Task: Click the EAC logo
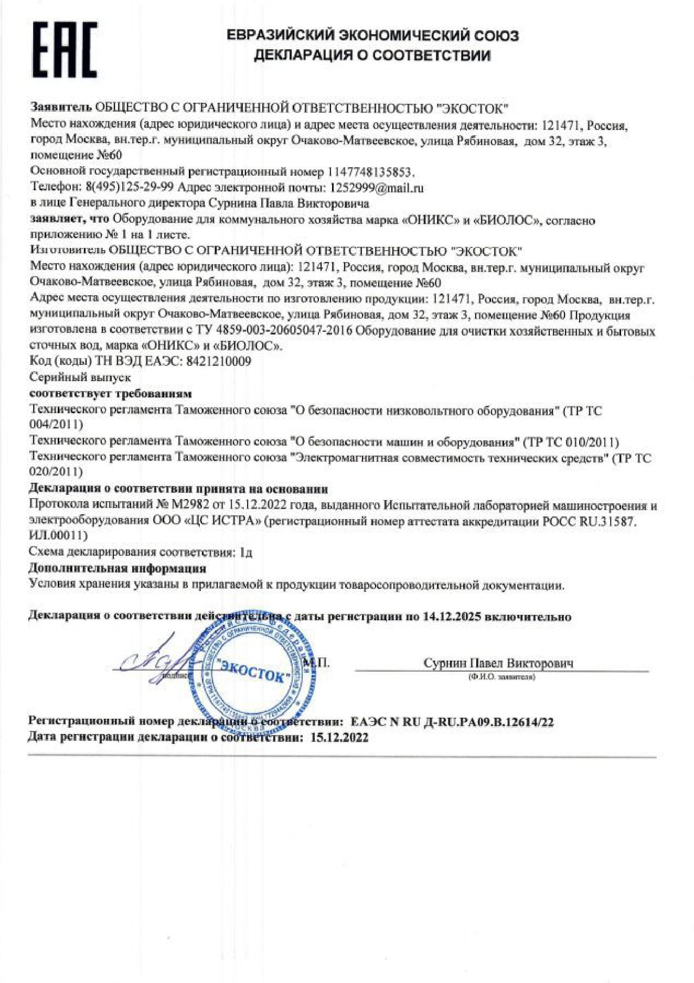pyautogui.click(x=65, y=49)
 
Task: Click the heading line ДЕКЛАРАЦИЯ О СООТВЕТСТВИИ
pyautogui.click(x=372, y=56)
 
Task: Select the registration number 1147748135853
pyautogui.click(x=370, y=172)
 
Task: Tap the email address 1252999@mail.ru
pyautogui.click(x=376, y=188)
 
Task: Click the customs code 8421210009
pyautogui.click(x=219, y=361)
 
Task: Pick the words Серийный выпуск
pyautogui.click(x=80, y=377)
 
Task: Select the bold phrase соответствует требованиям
pyautogui.click(x=111, y=393)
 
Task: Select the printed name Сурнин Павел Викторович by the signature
pyautogui.click(x=498, y=663)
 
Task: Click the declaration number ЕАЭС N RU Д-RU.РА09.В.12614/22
pyautogui.click(x=452, y=722)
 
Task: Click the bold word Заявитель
pyautogui.click(x=61, y=108)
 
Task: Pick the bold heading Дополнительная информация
pyautogui.click(x=117, y=568)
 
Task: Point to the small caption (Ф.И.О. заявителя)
pyautogui.click(x=501, y=677)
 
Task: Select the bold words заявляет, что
pyautogui.click(x=70, y=219)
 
